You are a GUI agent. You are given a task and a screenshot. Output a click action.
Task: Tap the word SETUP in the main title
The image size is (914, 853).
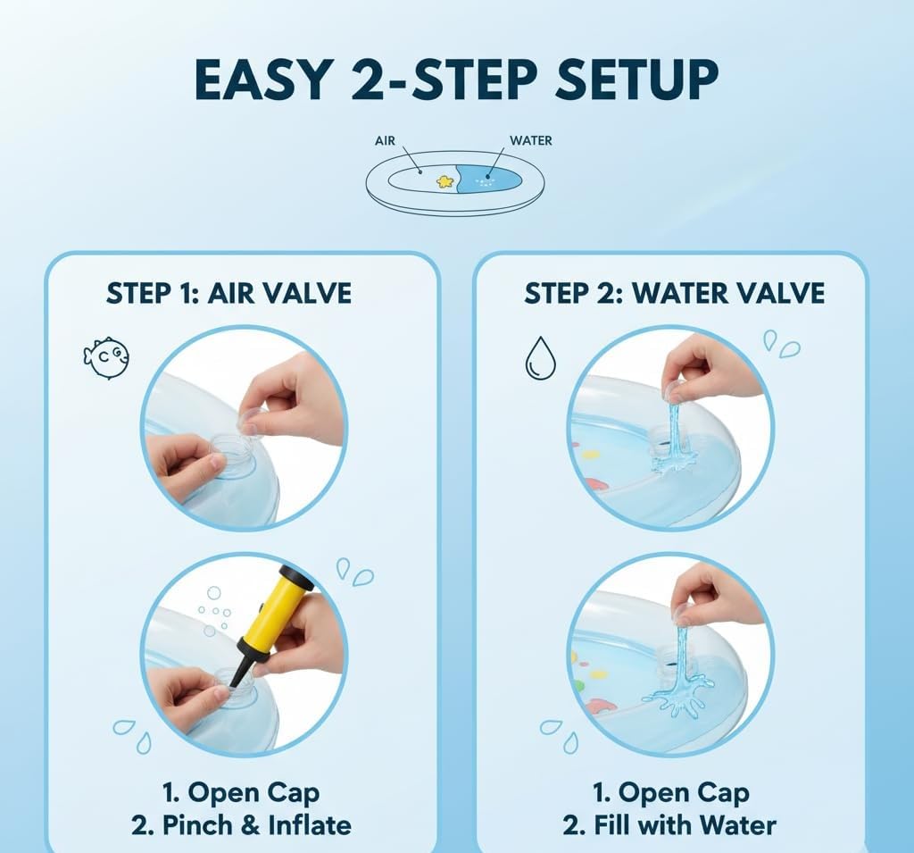(636, 79)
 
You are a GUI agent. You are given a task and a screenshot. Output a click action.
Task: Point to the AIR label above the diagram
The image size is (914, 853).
(385, 140)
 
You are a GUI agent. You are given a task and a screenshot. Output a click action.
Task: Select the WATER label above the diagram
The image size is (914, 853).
(530, 140)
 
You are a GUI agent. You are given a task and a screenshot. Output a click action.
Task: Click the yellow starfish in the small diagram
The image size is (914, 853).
(445, 181)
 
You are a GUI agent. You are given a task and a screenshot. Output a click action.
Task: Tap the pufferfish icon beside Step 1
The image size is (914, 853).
(106, 357)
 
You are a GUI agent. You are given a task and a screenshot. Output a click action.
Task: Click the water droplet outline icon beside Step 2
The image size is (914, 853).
(540, 357)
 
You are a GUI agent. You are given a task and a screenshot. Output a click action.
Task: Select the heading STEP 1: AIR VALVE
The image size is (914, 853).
(228, 293)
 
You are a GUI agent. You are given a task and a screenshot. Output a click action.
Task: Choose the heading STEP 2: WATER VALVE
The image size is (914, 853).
(674, 293)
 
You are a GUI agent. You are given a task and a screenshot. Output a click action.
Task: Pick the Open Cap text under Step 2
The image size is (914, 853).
(670, 792)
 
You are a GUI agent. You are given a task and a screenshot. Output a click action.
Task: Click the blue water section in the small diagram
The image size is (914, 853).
(486, 179)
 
